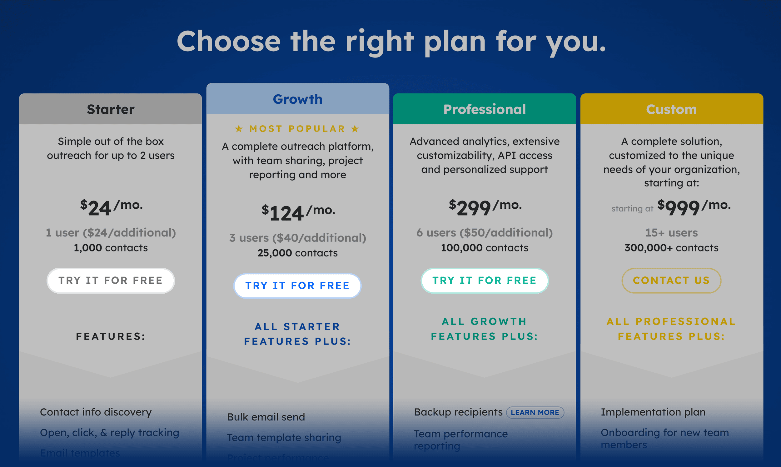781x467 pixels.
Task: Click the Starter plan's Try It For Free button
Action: point(111,281)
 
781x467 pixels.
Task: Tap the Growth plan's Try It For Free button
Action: point(297,286)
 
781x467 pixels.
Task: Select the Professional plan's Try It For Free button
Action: point(484,281)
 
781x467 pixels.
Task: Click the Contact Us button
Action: point(671,281)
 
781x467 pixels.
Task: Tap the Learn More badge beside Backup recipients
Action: point(535,412)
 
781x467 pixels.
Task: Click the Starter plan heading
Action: point(111,109)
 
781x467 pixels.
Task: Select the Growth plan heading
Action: point(297,99)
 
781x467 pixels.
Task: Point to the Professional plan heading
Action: point(484,109)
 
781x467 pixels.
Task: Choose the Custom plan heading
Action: point(671,109)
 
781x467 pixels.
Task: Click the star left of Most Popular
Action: point(239,129)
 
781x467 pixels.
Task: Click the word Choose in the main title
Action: point(228,41)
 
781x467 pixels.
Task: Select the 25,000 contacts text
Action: point(297,253)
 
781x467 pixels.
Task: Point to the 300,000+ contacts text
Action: point(671,248)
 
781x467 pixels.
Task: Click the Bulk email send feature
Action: point(266,417)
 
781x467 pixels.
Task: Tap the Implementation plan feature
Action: point(653,412)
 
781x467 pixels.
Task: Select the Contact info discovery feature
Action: point(96,412)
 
